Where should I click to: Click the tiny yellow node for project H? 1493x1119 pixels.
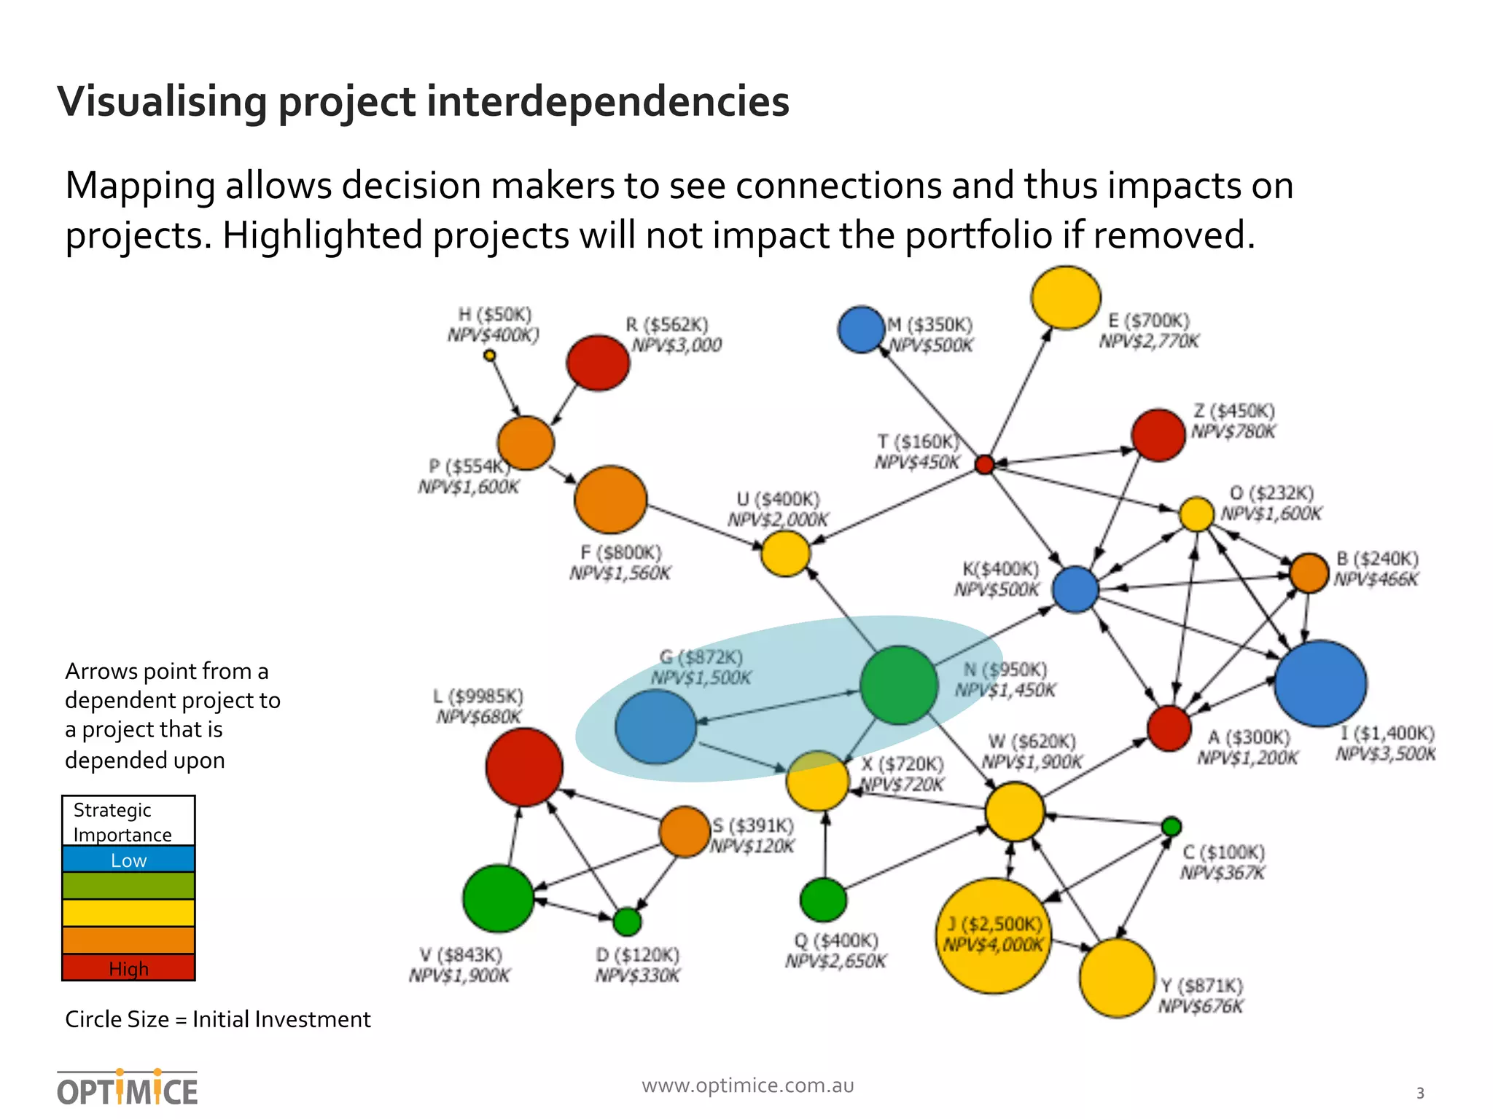[x=490, y=356]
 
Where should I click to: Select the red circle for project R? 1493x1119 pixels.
[x=598, y=363]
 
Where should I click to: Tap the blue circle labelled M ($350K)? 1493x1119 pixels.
[x=862, y=329]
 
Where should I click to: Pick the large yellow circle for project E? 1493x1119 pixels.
[x=1065, y=297]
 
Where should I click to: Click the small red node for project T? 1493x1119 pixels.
[x=984, y=464]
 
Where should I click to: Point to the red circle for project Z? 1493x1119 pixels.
[x=1158, y=435]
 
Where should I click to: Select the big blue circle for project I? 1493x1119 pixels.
[x=1320, y=683]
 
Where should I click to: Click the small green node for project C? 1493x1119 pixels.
[x=1171, y=827]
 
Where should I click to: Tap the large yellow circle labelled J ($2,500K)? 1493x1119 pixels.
[x=994, y=936]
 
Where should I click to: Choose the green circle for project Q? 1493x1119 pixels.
[x=823, y=900]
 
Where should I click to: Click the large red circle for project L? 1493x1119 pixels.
[x=524, y=766]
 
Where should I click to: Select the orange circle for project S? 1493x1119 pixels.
[x=685, y=831]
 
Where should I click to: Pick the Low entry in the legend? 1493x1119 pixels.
[x=128, y=860]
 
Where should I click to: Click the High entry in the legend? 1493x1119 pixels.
[x=128, y=968]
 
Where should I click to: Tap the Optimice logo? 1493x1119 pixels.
[x=128, y=1088]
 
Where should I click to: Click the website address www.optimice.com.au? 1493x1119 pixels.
[x=747, y=1085]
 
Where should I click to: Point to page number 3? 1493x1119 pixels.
[x=1419, y=1093]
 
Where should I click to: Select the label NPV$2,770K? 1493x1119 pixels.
[x=1149, y=341]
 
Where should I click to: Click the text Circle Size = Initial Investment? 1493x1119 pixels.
[x=217, y=1019]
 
